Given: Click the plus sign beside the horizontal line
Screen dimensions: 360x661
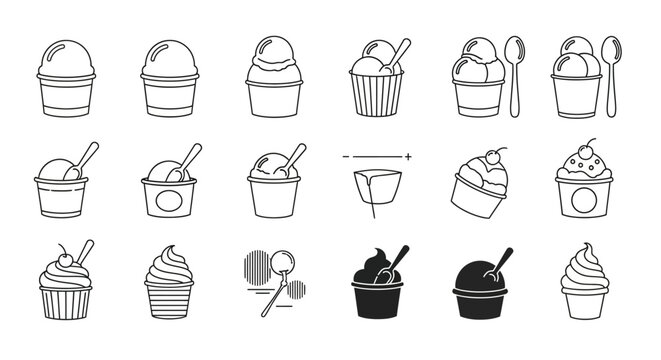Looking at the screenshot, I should pyautogui.click(x=408, y=158).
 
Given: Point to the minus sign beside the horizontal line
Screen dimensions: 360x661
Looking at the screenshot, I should pyautogui.click(x=346, y=158).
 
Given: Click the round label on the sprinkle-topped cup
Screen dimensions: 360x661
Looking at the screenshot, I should pyautogui.click(x=583, y=200).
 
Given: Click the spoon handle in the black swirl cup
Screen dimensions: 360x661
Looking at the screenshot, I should pyautogui.click(x=400, y=254).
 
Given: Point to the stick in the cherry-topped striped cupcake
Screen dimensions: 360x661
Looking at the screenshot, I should pyautogui.click(x=85, y=250).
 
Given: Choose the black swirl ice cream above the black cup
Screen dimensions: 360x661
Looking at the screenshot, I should pyautogui.click(x=372, y=265).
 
